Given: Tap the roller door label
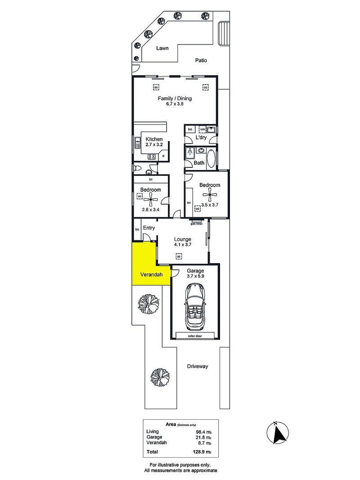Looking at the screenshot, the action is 195,336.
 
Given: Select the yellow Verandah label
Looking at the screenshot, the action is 151,274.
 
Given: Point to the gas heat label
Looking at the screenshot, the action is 197,224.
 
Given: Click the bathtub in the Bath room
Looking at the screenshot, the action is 211,158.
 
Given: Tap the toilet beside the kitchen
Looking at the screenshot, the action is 137,168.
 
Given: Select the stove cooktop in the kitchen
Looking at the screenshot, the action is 152,157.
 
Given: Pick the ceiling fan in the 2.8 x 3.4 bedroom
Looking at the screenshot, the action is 151,201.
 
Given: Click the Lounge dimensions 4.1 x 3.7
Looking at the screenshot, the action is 183,245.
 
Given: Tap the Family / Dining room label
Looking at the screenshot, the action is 175,99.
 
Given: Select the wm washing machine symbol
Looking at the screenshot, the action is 202,130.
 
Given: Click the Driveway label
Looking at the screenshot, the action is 198,366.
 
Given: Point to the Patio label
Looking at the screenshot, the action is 201,60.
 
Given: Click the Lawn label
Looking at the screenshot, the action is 162,48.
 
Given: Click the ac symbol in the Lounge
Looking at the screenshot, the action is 179,256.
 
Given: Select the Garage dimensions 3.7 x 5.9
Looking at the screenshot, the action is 195,276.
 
